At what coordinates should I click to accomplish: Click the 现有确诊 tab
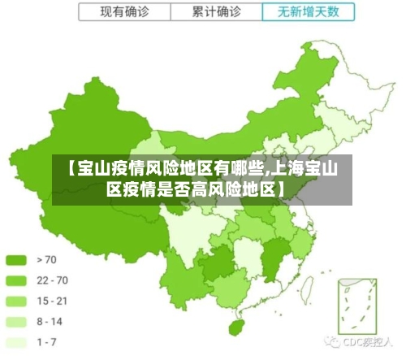(x=124, y=12)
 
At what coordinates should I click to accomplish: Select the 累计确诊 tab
(x=216, y=12)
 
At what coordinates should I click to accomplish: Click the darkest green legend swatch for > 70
(x=16, y=260)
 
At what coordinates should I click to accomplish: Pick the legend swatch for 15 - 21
(x=16, y=301)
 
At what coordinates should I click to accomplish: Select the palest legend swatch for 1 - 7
(x=16, y=341)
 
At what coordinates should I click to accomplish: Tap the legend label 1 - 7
(x=46, y=341)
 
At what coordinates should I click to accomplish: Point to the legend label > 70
(x=47, y=260)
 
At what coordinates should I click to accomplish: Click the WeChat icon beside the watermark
(x=333, y=342)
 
